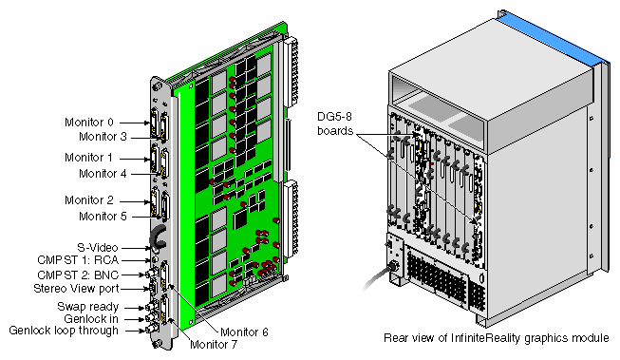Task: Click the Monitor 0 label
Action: (89, 123)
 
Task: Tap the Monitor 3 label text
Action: (103, 137)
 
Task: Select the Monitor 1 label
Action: (89, 158)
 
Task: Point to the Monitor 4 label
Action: (103, 173)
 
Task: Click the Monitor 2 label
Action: (89, 200)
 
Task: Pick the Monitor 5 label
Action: (103, 216)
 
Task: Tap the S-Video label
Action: (98, 248)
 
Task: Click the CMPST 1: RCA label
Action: (78, 260)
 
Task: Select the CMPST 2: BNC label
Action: (78, 275)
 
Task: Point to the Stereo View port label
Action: (76, 289)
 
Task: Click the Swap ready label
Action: (87, 307)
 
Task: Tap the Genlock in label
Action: (91, 318)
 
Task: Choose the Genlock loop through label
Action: (64, 331)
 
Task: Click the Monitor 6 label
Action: (244, 332)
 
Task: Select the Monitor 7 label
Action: (214, 345)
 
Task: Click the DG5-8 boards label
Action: (335, 123)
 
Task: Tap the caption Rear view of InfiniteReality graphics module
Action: (497, 338)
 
